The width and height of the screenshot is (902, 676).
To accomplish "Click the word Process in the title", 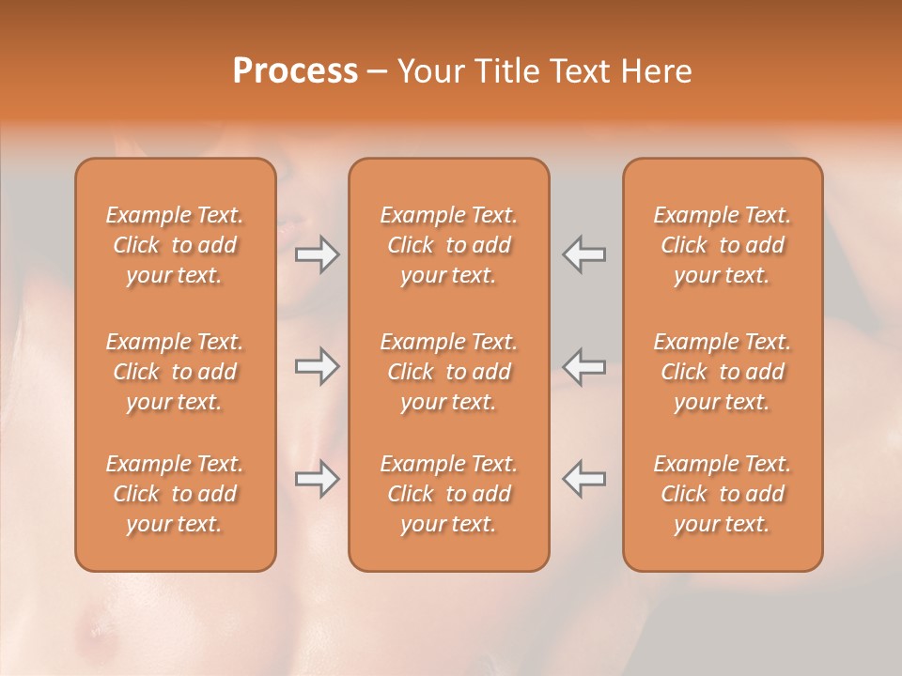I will pyautogui.click(x=295, y=71).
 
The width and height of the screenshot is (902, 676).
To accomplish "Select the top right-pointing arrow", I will pyautogui.click(x=317, y=254).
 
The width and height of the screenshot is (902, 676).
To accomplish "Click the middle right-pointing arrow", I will pyautogui.click(x=317, y=366).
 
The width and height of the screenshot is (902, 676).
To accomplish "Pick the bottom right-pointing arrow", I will pyautogui.click(x=317, y=479).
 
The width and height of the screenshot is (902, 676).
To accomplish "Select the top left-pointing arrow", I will pyautogui.click(x=584, y=254).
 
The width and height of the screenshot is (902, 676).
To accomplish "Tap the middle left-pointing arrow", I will pyautogui.click(x=584, y=366).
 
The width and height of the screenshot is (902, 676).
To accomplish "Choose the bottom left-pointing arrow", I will pyautogui.click(x=584, y=479).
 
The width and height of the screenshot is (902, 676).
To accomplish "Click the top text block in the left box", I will pyautogui.click(x=175, y=245).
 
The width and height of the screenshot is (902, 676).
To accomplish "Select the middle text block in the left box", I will pyautogui.click(x=175, y=372).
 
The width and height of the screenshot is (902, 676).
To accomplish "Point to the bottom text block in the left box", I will pyautogui.click(x=175, y=494).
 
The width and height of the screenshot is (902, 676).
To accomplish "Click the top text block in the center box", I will pyautogui.click(x=449, y=245).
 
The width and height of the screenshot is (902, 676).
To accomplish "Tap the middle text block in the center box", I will pyautogui.click(x=449, y=372).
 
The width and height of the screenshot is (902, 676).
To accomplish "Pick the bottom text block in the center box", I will pyautogui.click(x=449, y=494).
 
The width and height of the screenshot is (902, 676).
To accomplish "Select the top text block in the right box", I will pyautogui.click(x=723, y=245).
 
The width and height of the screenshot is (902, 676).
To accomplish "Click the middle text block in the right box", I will pyautogui.click(x=723, y=372).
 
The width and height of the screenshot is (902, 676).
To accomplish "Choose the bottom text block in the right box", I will pyautogui.click(x=723, y=494).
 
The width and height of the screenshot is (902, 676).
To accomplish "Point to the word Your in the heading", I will pyautogui.click(x=429, y=71).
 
